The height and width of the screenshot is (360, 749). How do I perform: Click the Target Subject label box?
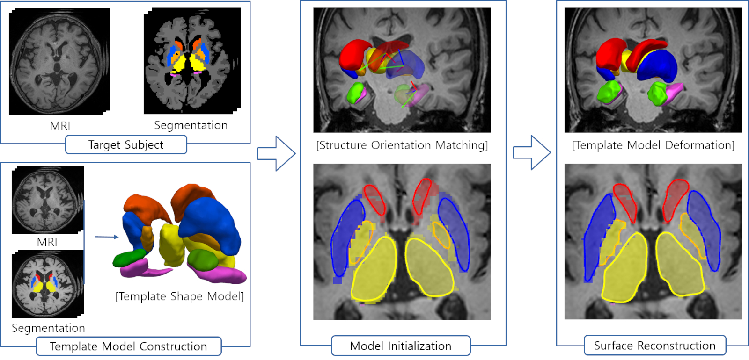point(126,145)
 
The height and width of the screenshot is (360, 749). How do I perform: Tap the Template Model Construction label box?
point(128,346)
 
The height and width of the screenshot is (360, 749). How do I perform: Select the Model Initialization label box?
point(401,346)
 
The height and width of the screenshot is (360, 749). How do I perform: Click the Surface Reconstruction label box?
point(654,346)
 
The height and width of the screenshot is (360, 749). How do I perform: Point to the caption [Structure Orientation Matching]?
point(402,145)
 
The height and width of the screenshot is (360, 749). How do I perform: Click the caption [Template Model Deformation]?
point(653,145)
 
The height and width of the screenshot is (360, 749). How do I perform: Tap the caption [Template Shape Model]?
point(179,296)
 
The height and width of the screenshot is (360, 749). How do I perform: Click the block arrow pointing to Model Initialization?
point(277,153)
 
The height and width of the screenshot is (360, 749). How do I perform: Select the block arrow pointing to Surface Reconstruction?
point(532,152)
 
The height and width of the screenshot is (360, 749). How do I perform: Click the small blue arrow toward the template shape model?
point(107,237)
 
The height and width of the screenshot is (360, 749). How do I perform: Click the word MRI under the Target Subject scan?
point(60,126)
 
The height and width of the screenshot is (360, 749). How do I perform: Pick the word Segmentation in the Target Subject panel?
point(191,125)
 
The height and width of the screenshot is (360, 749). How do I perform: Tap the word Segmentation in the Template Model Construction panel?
point(48,328)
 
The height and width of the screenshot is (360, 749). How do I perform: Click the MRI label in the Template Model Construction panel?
point(47,242)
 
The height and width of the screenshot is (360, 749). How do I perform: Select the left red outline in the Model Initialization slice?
point(374,199)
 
